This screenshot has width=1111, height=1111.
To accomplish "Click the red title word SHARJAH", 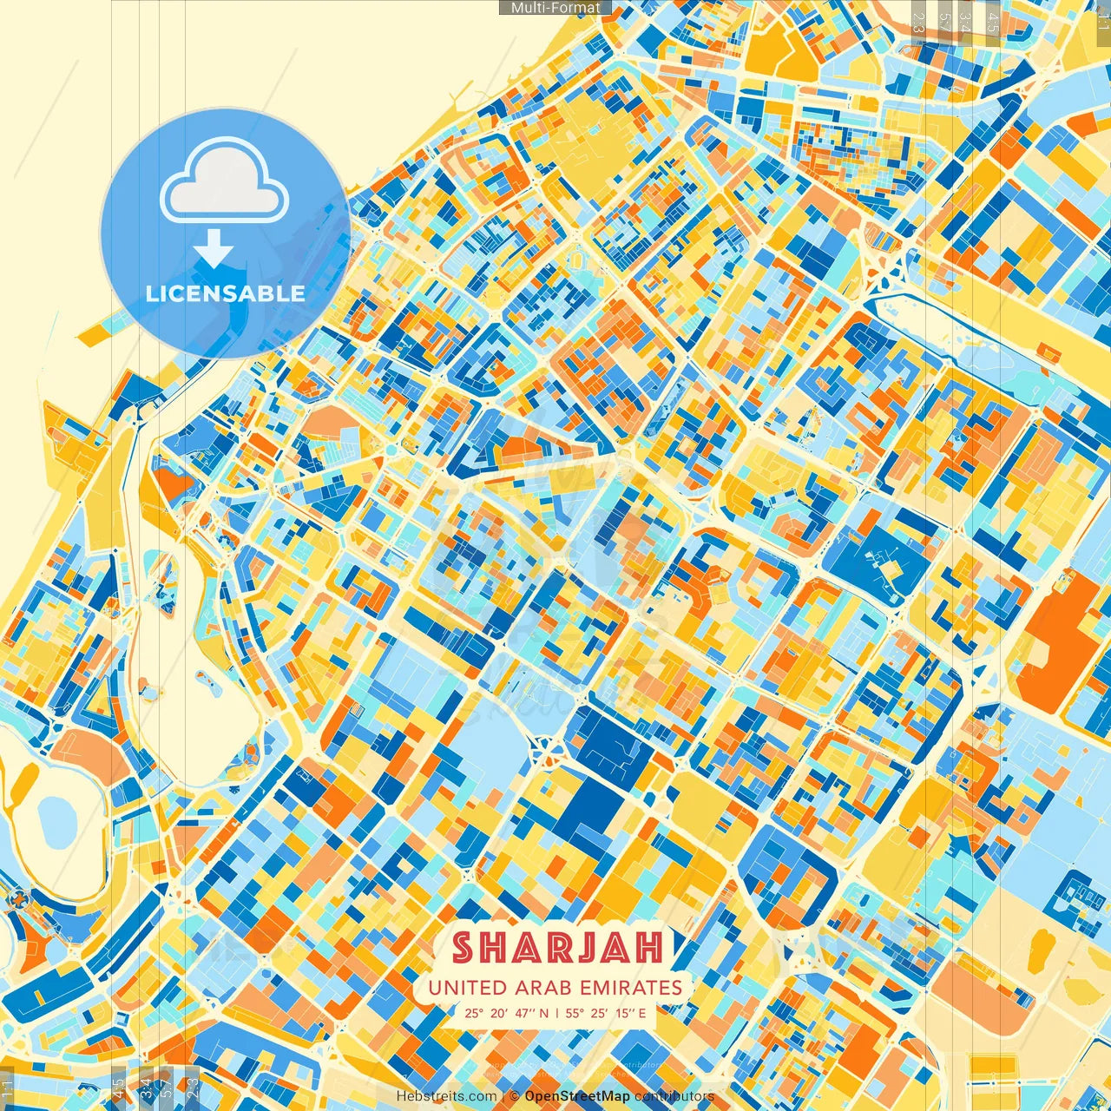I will point(557,948).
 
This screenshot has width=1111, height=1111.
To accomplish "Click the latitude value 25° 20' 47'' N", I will point(506,1012).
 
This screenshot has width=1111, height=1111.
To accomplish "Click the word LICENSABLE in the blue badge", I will point(226,293).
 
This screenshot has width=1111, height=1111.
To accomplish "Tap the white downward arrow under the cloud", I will point(214,248).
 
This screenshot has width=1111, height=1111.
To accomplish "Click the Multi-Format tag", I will point(555,8).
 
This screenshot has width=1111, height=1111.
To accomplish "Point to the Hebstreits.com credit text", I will point(446,1096).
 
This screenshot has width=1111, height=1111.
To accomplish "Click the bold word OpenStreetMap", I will point(577,1096).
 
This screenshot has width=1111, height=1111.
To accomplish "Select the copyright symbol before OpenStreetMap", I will point(514,1096).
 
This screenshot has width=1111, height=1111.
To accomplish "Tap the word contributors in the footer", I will point(674,1096).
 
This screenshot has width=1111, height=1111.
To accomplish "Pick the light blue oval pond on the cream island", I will point(59,819).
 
